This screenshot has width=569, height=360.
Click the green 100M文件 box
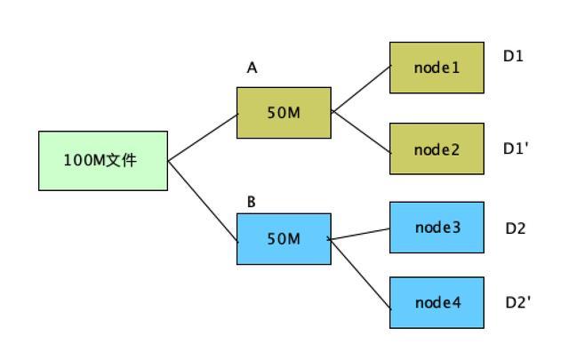coord(103,161)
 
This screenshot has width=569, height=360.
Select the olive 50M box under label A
coord(284,113)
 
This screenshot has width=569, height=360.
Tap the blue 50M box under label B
coord(284,239)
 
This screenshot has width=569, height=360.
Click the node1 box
coord(437,68)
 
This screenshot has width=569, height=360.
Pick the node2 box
coord(437,148)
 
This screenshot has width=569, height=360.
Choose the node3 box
coord(437,228)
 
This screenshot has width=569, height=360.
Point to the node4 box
coord(437,302)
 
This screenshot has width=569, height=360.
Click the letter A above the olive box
coord(252,68)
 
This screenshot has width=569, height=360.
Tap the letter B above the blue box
coord(251,202)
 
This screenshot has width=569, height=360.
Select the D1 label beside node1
coord(513,56)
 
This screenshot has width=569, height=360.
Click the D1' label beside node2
coord(516,148)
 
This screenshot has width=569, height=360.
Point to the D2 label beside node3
coord(516,228)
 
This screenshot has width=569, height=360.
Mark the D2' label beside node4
coord(517,302)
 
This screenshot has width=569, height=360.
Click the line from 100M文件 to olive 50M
coord(203,138)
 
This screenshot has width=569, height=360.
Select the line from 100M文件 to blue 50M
coord(203,201)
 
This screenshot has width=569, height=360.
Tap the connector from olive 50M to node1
coord(361,89)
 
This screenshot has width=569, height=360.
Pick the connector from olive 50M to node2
coord(361,132)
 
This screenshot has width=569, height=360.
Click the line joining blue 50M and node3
coord(358,234)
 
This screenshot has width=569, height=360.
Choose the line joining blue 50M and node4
coord(359,274)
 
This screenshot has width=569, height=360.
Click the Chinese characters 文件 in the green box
coord(121,160)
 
